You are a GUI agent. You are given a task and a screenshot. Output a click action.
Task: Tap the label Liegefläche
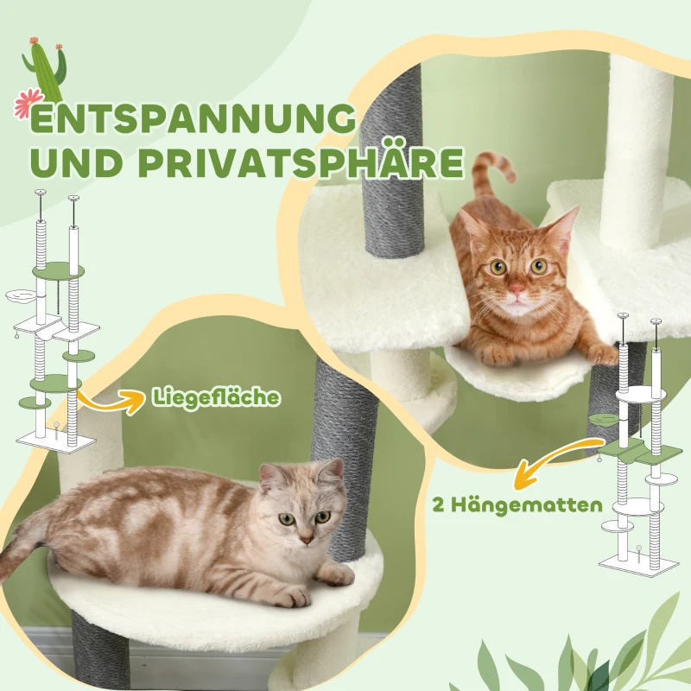(x=216, y=397)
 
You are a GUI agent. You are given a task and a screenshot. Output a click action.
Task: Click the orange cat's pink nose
(x=515, y=287)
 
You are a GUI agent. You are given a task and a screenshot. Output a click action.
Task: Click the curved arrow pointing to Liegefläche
(x=112, y=402)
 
